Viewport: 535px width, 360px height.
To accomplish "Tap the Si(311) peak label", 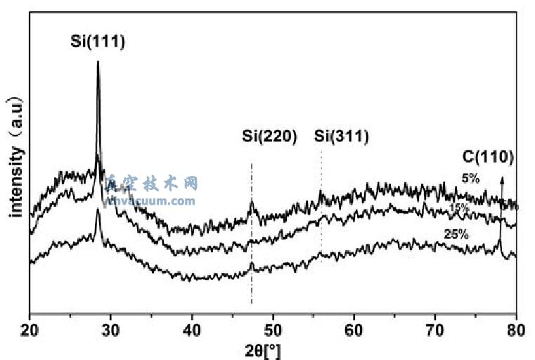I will click(341, 136).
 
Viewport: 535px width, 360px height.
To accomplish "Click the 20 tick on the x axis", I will click(30, 327).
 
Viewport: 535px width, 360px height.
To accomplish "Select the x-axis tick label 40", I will click(192, 327).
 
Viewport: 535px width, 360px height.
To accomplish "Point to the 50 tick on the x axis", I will click(273, 327).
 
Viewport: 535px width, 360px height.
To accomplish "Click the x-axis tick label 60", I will click(354, 327).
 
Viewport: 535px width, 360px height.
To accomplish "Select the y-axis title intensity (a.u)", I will click(16, 156).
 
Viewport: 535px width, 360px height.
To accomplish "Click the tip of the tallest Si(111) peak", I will click(98, 63).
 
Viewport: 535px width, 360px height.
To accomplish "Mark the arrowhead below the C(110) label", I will click(501, 179).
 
